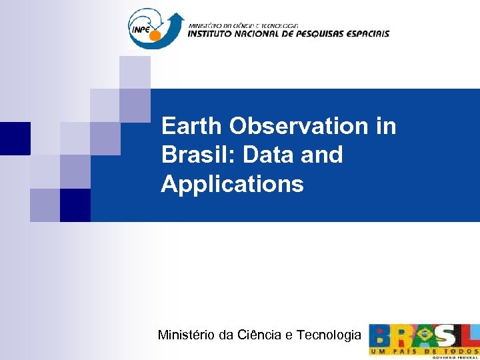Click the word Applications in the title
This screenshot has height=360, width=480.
coord(232,184)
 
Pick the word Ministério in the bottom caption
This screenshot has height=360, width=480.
coord(185,335)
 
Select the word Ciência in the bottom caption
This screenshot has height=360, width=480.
coord(259,335)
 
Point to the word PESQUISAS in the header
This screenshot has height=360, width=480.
coord(323,33)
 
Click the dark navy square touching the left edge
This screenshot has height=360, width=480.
coord(15,138)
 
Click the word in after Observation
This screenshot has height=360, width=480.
coord(385,126)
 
